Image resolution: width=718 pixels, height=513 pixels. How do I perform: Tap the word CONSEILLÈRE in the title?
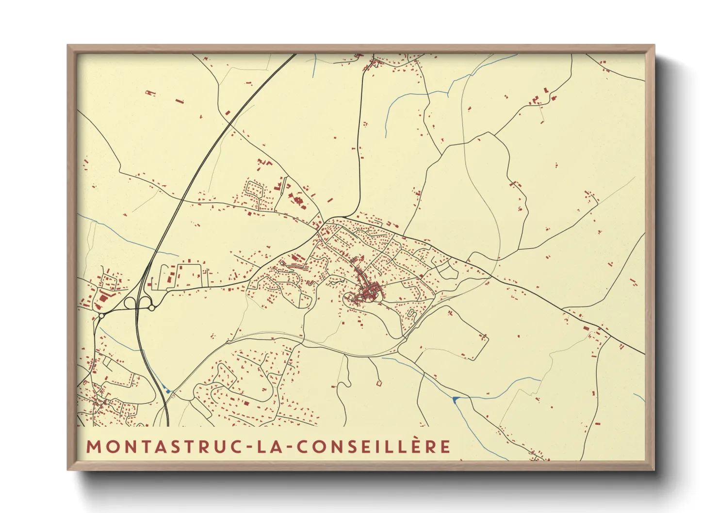coord(373,447)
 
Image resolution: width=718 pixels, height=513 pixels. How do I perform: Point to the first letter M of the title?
coord(93,447)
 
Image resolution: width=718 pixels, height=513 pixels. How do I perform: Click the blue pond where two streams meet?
coord(455,399)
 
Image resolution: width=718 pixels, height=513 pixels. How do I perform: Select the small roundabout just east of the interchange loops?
coord(152,308)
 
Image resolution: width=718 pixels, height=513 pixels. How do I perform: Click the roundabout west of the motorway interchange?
coord(101,316)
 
